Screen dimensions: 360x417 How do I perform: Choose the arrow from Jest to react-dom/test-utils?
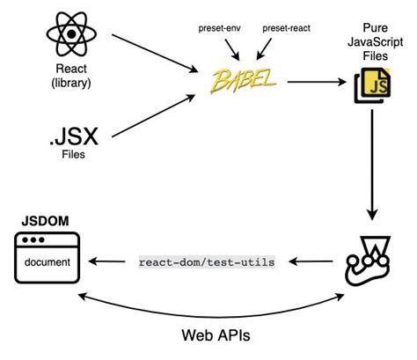click(311, 261)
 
